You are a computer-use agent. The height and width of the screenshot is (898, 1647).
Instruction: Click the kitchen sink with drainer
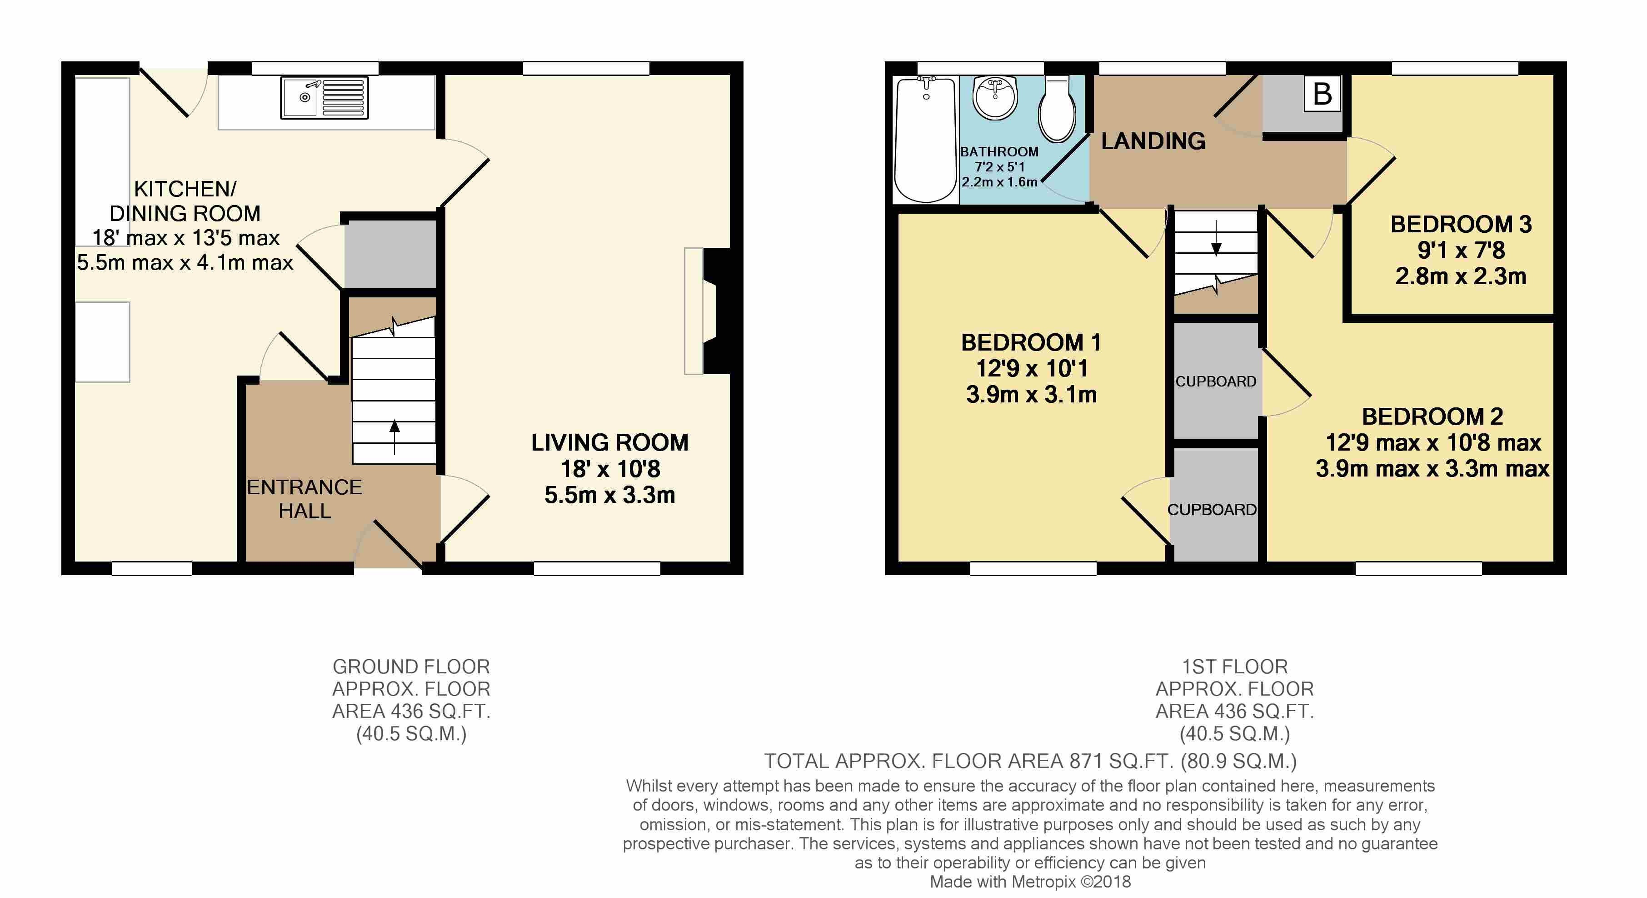tap(324, 98)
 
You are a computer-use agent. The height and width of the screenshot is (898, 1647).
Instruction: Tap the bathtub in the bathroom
tap(925, 139)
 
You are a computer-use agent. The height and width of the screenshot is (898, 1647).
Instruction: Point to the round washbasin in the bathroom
tap(994, 97)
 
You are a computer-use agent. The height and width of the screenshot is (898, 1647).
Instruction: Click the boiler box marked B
tap(1322, 94)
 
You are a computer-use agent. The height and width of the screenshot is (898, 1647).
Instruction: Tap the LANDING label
tap(1153, 140)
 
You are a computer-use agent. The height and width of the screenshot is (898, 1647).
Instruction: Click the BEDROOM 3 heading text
tap(1461, 225)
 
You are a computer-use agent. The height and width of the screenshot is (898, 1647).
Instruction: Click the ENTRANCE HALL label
tap(304, 499)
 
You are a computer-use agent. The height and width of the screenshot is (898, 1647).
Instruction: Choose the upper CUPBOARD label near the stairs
tap(1215, 381)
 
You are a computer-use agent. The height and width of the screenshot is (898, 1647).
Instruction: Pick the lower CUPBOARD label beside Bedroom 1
tap(1212, 510)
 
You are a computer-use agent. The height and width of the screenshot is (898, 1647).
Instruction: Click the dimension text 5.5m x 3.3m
tap(609, 495)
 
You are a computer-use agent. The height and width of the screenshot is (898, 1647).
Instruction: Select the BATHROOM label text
tap(999, 151)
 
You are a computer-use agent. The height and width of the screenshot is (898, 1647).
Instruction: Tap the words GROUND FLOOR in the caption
tap(411, 667)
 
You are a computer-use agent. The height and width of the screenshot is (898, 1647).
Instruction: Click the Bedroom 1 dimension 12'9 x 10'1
tap(1031, 368)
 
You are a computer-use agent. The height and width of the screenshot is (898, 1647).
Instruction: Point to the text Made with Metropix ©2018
tap(1030, 882)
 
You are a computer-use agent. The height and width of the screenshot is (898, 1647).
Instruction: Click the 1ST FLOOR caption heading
tap(1235, 667)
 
